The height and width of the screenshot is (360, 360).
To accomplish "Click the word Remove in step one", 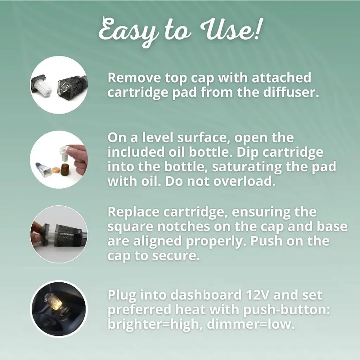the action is click(134, 78).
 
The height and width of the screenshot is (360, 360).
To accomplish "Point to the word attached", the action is click(282, 78).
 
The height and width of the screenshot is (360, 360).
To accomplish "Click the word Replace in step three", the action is click(133, 212).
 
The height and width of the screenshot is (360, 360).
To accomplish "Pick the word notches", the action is click(184, 226).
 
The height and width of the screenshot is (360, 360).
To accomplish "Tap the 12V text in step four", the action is click(257, 295).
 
